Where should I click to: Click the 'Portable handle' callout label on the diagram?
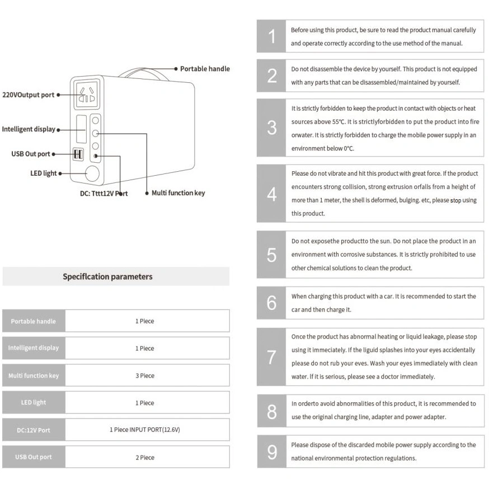[x=205, y=69]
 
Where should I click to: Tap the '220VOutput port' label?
[x=28, y=95]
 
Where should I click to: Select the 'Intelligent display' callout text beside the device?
[x=29, y=129]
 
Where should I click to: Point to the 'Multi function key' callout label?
[x=178, y=193]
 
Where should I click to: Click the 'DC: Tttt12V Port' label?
[x=104, y=194]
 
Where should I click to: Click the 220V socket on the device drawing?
[x=87, y=94]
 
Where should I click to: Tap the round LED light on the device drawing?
[x=92, y=173]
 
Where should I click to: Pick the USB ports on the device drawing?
[x=78, y=154]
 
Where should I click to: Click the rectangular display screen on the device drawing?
[x=81, y=129]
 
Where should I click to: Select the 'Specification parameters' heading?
[x=107, y=276]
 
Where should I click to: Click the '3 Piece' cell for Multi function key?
[x=145, y=376]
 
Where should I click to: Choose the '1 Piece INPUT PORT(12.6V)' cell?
[x=145, y=430]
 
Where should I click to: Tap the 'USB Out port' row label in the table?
[x=34, y=457]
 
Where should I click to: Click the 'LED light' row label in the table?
[x=34, y=403]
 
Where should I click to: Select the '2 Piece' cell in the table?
[x=145, y=458]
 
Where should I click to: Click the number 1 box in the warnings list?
[x=271, y=36]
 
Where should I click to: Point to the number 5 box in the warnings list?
[x=271, y=255]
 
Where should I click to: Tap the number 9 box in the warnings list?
[x=271, y=452]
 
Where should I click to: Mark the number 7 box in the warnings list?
[x=271, y=357]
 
